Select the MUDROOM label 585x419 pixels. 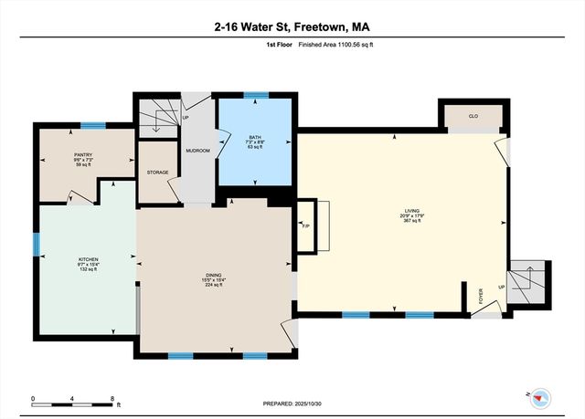click(x=197, y=149)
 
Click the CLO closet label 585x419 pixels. click(x=473, y=117)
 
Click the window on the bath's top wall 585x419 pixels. click(x=255, y=94)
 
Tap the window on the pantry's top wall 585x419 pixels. click(x=92, y=125)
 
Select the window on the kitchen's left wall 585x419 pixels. click(x=37, y=244)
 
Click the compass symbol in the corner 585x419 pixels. click(x=542, y=395)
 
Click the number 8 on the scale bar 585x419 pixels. click(x=112, y=398)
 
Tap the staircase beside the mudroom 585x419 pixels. click(x=157, y=117)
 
